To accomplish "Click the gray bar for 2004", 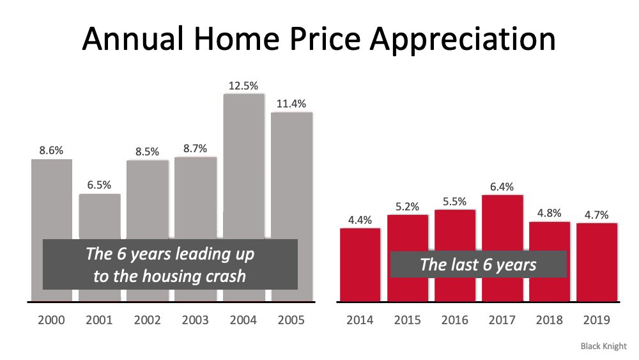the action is pos(243,163).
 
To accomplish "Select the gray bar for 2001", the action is pos(100,216).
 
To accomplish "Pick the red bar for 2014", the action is pos(360,265).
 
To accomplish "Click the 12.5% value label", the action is pos(243,86).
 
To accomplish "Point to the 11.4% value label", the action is pos(291,104).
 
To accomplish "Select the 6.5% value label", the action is pos(99,185).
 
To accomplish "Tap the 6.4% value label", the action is pos(502,187).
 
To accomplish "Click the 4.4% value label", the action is pos(360,220).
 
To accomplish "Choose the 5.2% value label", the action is pos(407,207).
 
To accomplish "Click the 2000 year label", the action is pos(51,320).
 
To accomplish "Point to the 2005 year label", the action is pos(291,320).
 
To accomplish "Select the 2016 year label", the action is pos(454,320).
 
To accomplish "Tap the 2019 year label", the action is pos(596,320).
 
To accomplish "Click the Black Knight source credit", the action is pos(604,346).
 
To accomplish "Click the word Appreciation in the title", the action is pos(463,40).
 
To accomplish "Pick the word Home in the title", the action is pos(237,39).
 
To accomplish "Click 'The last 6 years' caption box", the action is pos(479,264).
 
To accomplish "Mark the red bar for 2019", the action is pos(597,263).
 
